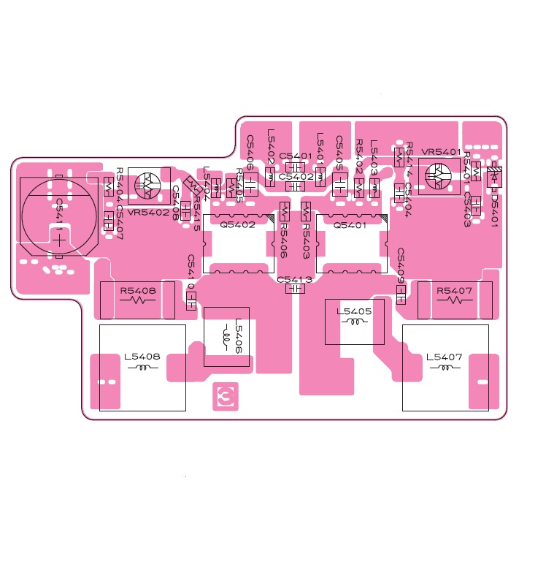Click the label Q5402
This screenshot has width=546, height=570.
point(238,225)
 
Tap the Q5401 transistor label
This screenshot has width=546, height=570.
point(350,225)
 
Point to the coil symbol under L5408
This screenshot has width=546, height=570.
point(142,368)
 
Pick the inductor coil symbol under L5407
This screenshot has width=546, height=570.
point(444,368)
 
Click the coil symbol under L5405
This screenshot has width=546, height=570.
point(355,322)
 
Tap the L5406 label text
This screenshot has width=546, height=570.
point(238,337)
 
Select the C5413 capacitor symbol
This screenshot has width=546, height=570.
point(295,289)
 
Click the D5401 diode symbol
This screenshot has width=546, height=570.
point(494,176)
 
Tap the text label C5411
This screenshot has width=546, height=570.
point(59,211)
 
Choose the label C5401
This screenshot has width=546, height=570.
point(296,156)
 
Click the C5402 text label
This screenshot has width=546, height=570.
point(296,177)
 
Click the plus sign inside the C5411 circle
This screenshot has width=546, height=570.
point(58,237)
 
